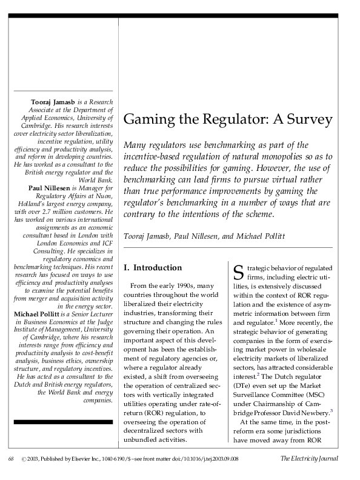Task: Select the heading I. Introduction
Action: coord(152,267)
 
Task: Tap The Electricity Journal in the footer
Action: coord(309,459)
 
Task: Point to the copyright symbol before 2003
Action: coord(24,459)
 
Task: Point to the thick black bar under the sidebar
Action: coord(63,421)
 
